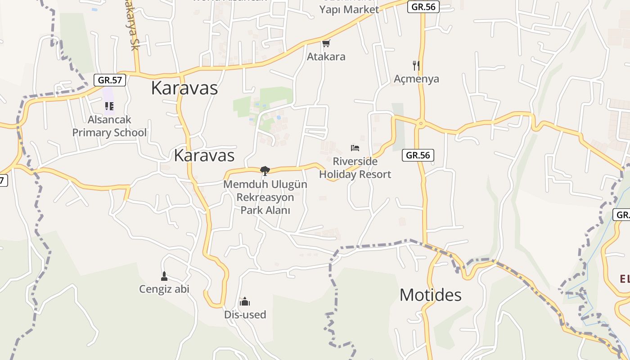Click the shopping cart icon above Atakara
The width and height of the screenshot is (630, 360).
coord(326,43)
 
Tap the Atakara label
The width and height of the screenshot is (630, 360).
coord(326,57)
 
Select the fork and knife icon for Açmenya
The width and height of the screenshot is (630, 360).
coord(416,66)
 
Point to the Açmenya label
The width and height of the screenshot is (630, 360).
coord(416,79)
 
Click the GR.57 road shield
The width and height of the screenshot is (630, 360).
coord(110,80)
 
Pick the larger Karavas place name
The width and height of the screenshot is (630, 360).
coord(184,88)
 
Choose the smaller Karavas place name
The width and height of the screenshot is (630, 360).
coord(204,155)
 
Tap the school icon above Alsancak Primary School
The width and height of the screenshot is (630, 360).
coord(109,106)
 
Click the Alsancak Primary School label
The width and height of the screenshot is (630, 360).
coord(109,126)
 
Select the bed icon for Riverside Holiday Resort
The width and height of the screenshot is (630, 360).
coord(355,148)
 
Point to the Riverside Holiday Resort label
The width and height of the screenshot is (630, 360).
coord(355,168)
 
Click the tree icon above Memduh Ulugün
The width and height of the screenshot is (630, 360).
coord(265,171)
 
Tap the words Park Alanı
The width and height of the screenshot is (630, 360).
coord(265,210)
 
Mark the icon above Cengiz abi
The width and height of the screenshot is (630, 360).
coord(164,276)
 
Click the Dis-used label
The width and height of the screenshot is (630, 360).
coord(245,315)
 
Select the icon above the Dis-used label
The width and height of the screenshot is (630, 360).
coord(245,301)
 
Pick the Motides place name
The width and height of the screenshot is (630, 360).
coord(431,295)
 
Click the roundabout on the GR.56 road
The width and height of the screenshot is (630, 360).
coord(421,122)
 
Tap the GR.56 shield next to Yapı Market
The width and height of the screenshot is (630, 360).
coord(423,7)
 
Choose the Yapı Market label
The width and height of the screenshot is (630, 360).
coord(349,9)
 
